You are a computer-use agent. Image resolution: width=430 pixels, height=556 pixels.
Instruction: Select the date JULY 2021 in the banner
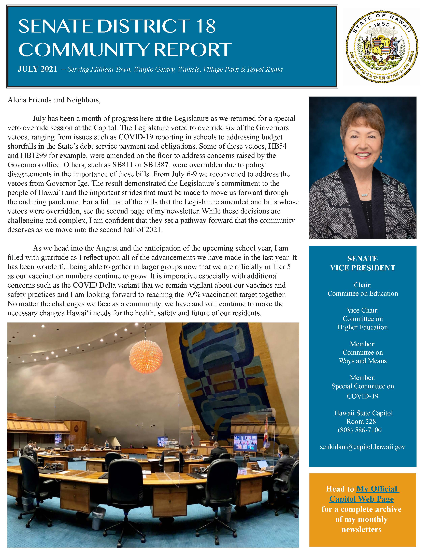click(x=37, y=69)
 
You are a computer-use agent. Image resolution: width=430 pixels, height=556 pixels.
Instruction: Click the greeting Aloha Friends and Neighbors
click(x=54, y=100)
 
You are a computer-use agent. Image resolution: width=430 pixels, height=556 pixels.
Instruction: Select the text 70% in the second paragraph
click(x=194, y=295)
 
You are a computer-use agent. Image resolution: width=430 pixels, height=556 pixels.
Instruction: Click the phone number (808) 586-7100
click(x=360, y=430)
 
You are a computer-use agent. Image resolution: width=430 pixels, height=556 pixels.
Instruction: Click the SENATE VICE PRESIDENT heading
click(x=363, y=263)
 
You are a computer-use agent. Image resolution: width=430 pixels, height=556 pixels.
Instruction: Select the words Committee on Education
click(x=363, y=294)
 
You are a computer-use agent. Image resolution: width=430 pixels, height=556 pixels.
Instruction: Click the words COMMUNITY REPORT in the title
click(x=125, y=50)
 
